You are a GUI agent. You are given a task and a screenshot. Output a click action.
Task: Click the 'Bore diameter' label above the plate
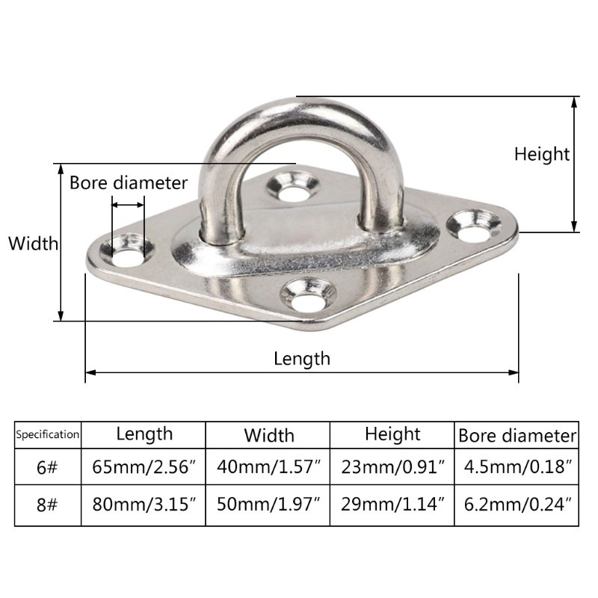(x=129, y=183)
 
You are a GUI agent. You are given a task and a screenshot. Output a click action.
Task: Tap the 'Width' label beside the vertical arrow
(x=33, y=244)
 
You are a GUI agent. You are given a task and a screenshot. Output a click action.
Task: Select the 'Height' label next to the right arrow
(x=541, y=155)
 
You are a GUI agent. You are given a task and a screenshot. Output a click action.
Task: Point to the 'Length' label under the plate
(x=302, y=359)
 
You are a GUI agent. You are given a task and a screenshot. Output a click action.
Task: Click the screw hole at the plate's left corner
(x=127, y=250)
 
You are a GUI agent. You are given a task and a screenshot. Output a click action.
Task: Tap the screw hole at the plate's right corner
(x=474, y=226)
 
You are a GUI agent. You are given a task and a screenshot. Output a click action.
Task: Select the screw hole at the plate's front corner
(x=308, y=295)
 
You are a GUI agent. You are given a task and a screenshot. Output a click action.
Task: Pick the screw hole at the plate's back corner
(x=292, y=187)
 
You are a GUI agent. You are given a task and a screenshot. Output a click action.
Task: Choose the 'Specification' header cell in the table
(x=48, y=434)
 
